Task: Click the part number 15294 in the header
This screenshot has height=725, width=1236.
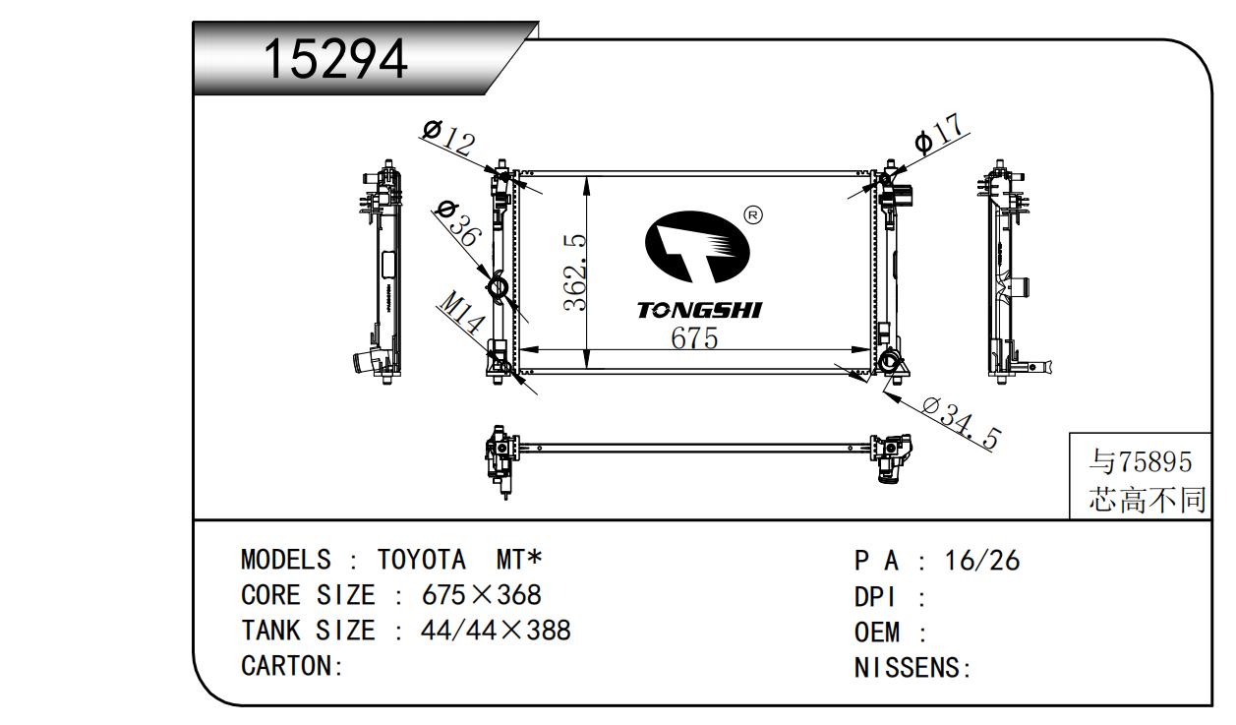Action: (x=335, y=58)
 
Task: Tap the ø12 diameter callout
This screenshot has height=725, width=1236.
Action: (x=448, y=138)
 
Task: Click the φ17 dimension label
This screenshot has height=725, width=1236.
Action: (x=939, y=134)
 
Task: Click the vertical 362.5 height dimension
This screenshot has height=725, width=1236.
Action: (x=574, y=272)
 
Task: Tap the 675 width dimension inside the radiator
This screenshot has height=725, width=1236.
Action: (x=694, y=338)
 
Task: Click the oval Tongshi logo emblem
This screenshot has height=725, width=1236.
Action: (x=697, y=247)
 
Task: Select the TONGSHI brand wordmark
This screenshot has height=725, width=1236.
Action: (x=700, y=310)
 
